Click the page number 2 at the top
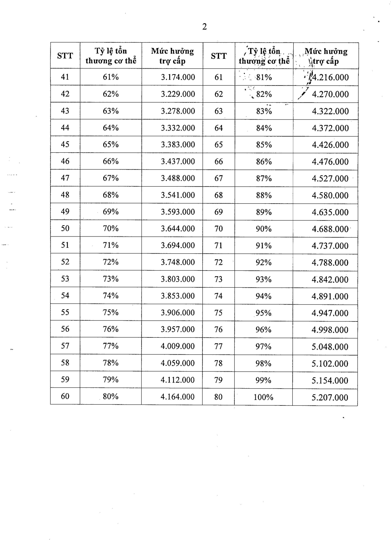[x=204, y=27]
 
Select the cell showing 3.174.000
[x=178, y=77]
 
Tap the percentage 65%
[x=111, y=144]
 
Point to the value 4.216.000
[x=330, y=77]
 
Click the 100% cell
[x=263, y=397]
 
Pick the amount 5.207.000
[x=330, y=397]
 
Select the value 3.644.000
[x=178, y=228]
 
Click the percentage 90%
[x=264, y=229]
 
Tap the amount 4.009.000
[x=177, y=346]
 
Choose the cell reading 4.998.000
[x=330, y=330]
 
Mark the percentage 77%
[x=111, y=346]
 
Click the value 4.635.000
[x=330, y=212]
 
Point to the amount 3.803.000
[x=178, y=279]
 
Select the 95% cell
[x=264, y=313]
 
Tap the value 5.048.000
[x=330, y=347]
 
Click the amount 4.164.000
[x=177, y=397]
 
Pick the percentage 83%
[x=264, y=111]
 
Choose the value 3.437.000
[x=178, y=162]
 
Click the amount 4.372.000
[x=330, y=128]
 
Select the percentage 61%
[x=111, y=77]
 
